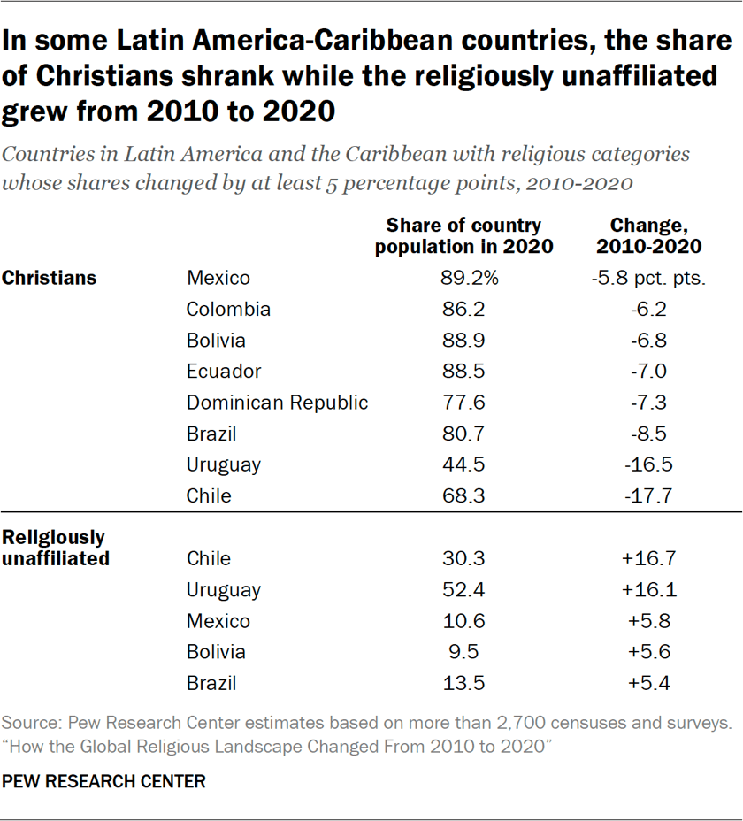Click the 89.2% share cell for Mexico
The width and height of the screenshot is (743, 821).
point(469,278)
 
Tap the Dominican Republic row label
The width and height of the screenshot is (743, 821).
point(277,403)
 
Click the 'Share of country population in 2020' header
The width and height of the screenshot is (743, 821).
point(463,235)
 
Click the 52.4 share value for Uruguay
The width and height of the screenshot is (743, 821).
point(463,589)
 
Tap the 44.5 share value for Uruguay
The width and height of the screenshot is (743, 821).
point(463,464)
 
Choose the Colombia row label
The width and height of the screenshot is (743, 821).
point(228,309)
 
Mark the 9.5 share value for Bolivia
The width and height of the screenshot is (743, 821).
point(463,652)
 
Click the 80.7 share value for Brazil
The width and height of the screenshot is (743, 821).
point(463,434)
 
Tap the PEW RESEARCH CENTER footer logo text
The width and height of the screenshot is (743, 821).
point(103,781)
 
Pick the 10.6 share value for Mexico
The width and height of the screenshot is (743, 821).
point(463,621)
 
